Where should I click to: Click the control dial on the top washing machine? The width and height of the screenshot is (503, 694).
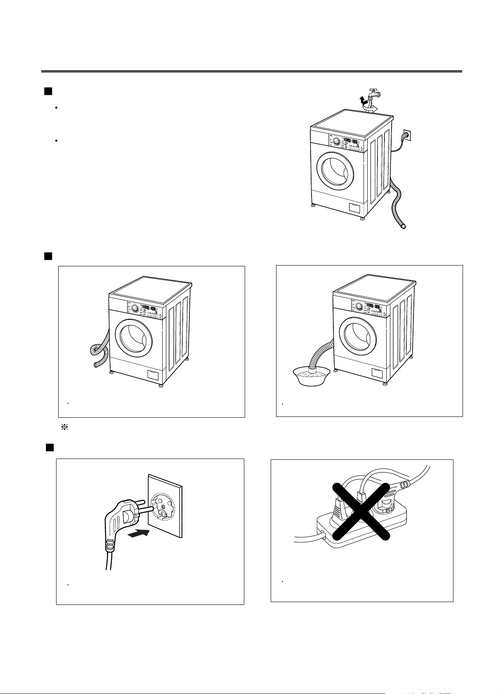336,141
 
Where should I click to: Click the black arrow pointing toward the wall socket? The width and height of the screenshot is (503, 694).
139,534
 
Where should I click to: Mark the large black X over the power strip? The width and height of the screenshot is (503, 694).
361,511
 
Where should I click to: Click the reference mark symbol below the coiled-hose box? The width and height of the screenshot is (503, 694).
64,428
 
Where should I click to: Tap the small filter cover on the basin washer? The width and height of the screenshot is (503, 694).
377,373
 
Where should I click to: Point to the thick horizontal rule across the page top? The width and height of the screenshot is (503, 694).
251,71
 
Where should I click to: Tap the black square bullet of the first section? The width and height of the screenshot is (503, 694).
48,91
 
